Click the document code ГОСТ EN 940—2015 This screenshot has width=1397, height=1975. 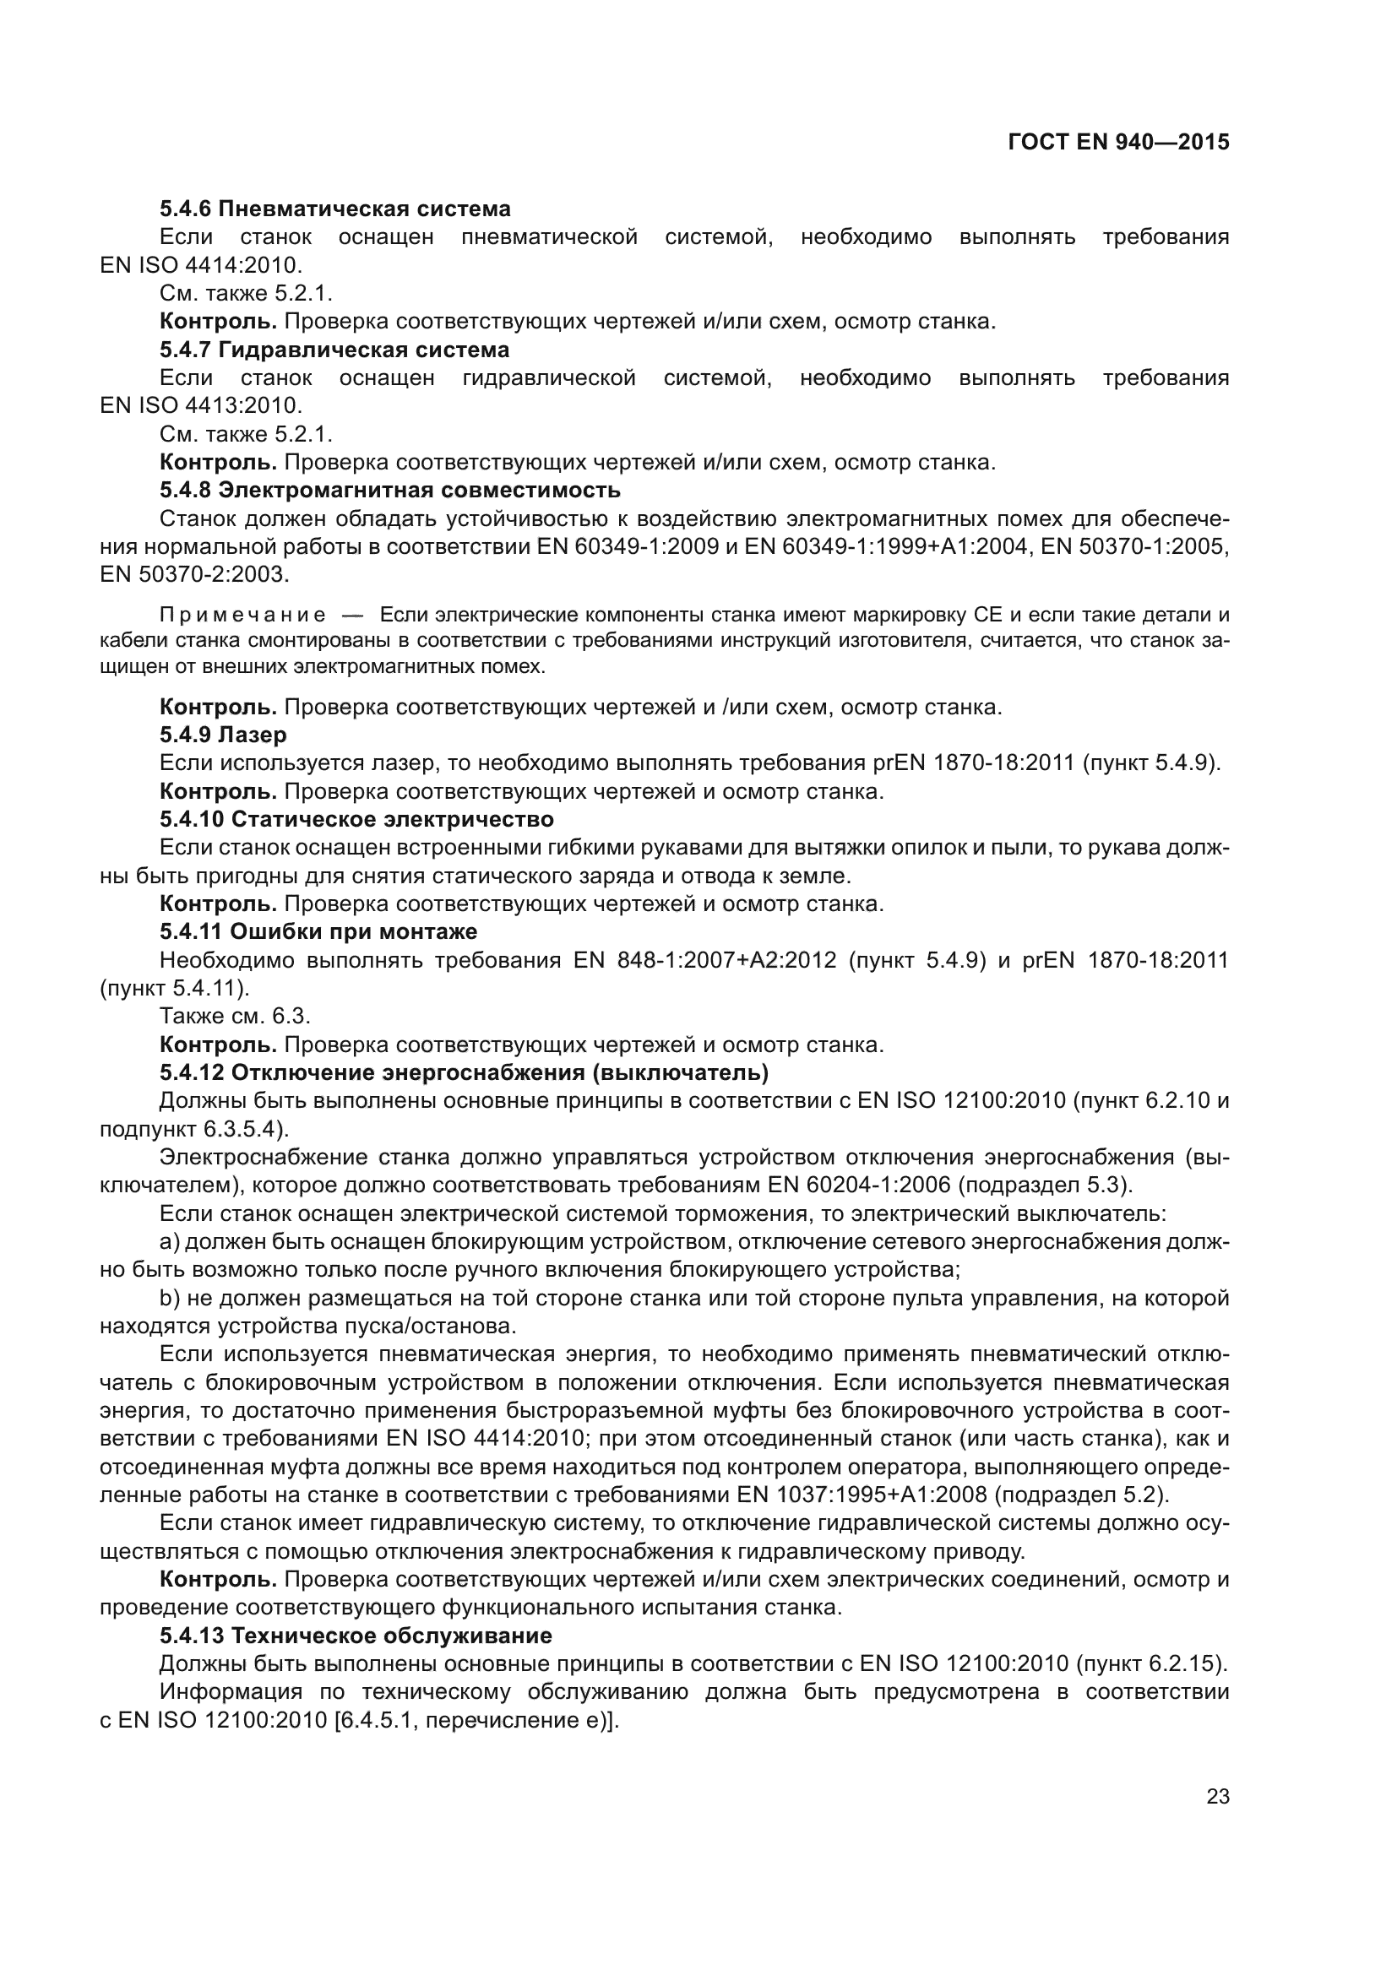[1118, 142]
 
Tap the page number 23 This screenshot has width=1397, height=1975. [1217, 1796]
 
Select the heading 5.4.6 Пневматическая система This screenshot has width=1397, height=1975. [334, 209]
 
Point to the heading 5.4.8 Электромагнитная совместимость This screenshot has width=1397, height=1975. [389, 491]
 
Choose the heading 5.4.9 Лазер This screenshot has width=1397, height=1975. [223, 735]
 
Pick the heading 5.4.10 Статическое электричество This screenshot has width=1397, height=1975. [356, 819]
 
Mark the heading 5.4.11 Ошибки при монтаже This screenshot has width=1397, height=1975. [318, 931]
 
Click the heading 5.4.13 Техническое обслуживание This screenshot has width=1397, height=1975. [356, 1636]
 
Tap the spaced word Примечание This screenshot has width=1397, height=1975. [242, 615]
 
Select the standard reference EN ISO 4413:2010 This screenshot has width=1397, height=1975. [200, 405]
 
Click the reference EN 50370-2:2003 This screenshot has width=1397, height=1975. [194, 573]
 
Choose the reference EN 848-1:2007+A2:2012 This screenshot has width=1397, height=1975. [704, 960]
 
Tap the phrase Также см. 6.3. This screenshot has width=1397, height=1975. [235, 1016]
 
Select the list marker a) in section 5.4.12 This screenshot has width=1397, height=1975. [170, 1242]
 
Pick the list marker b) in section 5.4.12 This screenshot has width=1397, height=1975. [170, 1298]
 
